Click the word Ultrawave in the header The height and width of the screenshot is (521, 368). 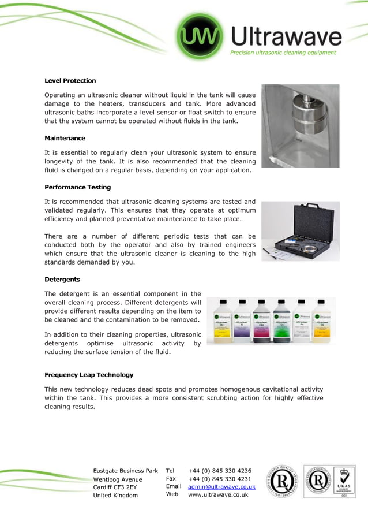click(287, 37)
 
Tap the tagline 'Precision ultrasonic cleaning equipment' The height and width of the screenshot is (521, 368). click(283, 53)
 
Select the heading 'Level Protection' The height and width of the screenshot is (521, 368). click(70, 81)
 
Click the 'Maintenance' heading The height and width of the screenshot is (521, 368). click(65, 139)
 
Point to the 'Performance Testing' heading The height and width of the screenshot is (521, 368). click(78, 188)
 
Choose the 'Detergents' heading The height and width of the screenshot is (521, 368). click(62, 280)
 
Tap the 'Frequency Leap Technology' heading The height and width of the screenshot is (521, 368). click(89, 375)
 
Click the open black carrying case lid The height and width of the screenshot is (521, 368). click(299, 219)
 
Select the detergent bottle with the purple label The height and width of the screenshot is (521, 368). click(242, 321)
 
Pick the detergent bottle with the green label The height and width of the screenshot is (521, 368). click(281, 321)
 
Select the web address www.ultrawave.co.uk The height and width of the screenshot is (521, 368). click(218, 495)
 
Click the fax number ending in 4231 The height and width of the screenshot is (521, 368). click(220, 479)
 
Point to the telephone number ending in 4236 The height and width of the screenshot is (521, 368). click(220, 471)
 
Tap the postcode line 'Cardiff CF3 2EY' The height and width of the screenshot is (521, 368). click(115, 487)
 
